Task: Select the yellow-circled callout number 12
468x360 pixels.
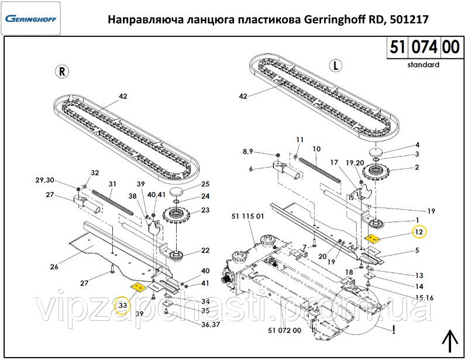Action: (x=418, y=232)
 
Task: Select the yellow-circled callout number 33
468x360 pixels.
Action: (x=122, y=306)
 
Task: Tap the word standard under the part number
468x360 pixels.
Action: (x=423, y=65)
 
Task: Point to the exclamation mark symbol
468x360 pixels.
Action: (x=395, y=330)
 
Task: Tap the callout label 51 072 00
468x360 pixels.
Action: (x=284, y=331)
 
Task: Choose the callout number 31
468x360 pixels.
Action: (x=112, y=184)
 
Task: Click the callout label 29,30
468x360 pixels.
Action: (x=44, y=179)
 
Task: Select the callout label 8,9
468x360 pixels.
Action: (x=247, y=151)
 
